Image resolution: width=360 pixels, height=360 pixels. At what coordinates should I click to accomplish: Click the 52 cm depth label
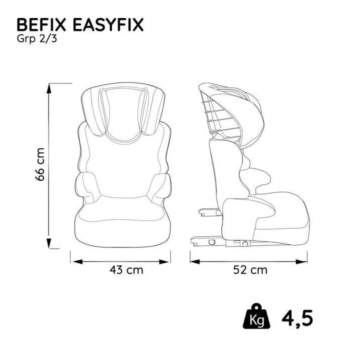pyautogui.click(x=250, y=270)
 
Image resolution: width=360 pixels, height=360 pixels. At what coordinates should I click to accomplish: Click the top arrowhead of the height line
pyautogui.click(x=50, y=87)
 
